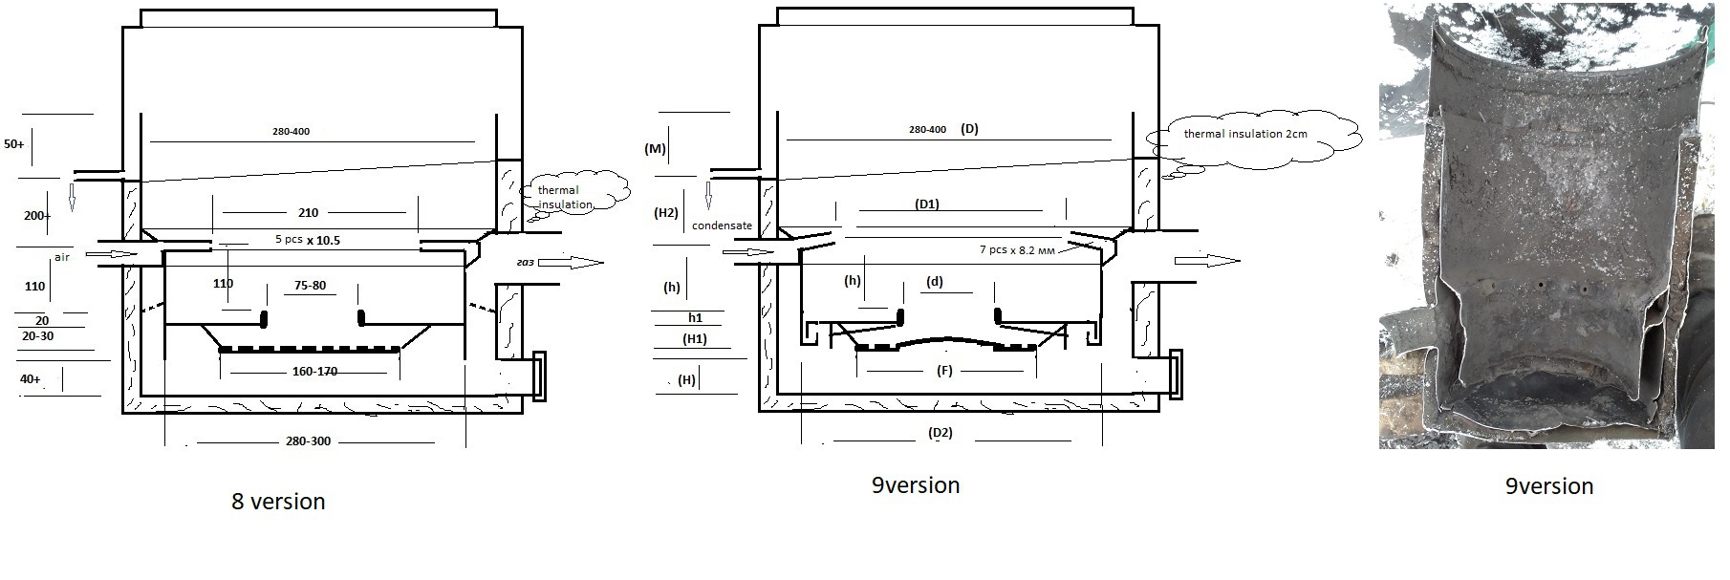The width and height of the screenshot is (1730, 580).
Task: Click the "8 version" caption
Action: (278, 502)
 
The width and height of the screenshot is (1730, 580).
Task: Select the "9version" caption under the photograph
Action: (1548, 486)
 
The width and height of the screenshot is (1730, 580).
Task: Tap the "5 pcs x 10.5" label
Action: (307, 240)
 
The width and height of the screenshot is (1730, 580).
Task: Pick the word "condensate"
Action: (722, 226)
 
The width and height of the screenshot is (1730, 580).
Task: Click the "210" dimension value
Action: (308, 212)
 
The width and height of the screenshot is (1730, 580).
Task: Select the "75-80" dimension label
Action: (310, 285)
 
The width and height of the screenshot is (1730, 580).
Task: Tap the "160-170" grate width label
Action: (315, 371)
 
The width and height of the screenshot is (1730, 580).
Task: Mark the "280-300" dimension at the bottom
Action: (308, 442)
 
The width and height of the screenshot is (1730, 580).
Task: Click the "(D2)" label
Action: (941, 433)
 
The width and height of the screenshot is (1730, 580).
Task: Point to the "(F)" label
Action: (943, 371)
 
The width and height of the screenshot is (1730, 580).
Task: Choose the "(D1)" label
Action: (927, 204)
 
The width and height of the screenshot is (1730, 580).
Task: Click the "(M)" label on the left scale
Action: (655, 149)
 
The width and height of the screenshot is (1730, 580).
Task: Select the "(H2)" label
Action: (665, 212)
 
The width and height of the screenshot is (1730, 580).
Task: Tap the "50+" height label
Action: (15, 144)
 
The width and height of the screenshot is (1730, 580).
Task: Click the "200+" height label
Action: (37, 216)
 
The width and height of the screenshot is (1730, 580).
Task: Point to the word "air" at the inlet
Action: (62, 257)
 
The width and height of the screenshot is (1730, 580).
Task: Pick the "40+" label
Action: (30, 379)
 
